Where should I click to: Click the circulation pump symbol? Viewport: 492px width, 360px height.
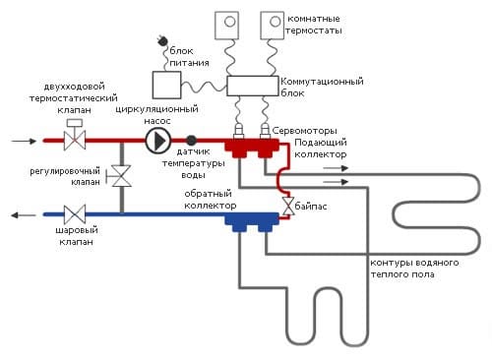158,141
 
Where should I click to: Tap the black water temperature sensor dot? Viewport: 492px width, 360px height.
191,141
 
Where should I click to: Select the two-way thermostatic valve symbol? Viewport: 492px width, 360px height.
73,139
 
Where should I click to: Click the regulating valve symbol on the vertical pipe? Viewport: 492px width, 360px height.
121,177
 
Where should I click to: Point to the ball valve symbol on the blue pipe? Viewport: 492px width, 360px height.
73,212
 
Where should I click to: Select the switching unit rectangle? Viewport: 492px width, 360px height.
252,86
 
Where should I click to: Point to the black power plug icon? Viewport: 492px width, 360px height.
158,42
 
